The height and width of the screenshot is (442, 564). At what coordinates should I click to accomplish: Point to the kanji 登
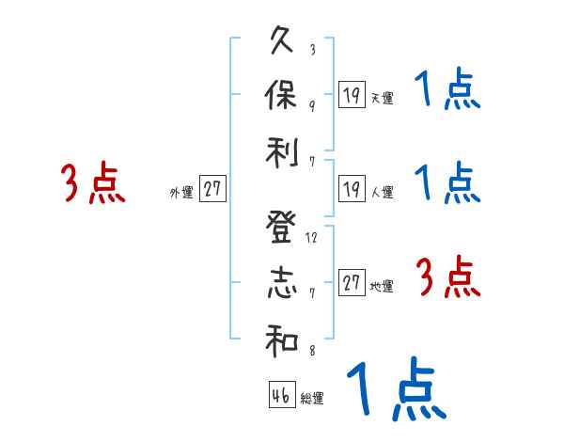[282, 228]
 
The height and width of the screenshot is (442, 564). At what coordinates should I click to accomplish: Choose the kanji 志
[282, 285]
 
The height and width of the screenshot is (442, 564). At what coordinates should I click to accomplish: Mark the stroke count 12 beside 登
[312, 237]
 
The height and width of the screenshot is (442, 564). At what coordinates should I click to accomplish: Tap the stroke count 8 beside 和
[312, 351]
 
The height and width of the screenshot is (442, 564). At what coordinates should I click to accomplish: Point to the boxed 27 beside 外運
[212, 190]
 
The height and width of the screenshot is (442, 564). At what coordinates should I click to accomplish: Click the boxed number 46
[280, 395]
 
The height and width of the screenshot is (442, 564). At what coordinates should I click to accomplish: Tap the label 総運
[312, 399]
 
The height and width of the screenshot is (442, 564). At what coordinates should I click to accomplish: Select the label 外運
[180, 193]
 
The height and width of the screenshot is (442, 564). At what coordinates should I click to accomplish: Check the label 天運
[382, 98]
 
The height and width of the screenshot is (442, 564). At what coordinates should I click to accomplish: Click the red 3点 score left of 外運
[93, 183]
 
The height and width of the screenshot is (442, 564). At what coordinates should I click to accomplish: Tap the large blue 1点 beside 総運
[395, 388]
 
